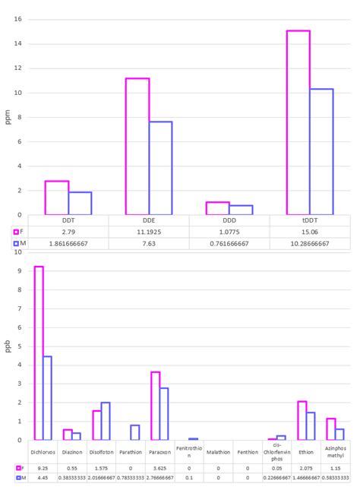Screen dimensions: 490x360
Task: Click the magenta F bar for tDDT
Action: tap(298, 122)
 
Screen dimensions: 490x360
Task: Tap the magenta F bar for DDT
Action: tap(57, 198)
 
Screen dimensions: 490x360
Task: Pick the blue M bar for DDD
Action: tap(241, 210)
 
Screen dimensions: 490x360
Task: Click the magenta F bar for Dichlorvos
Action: tap(39, 353)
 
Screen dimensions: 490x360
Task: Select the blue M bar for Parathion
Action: tap(135, 432)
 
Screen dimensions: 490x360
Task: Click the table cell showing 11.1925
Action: tap(149, 230)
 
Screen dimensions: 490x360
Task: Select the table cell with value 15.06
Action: tap(310, 230)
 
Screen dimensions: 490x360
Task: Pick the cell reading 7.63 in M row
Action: tap(149, 243)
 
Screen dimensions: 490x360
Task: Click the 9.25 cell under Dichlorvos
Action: tap(43, 468)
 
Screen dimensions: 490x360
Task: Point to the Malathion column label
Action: tap(218, 451)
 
